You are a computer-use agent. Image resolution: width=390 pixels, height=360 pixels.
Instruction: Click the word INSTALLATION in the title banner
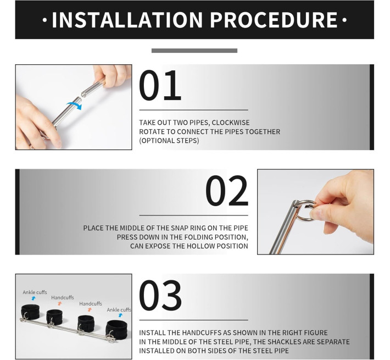tap(127, 20)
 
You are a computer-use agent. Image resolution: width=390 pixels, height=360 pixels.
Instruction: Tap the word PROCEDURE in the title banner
tap(274, 20)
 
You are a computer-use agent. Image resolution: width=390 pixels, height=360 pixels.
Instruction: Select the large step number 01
tap(160, 85)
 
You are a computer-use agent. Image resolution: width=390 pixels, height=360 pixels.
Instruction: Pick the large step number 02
tap(227, 191)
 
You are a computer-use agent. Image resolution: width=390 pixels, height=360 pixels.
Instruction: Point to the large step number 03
tap(160, 295)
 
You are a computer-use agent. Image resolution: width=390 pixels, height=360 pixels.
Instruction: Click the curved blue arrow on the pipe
tap(74, 105)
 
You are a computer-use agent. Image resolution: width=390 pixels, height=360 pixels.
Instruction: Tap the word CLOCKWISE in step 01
tap(231, 123)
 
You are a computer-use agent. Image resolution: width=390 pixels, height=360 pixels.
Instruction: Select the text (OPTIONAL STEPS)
tap(169, 141)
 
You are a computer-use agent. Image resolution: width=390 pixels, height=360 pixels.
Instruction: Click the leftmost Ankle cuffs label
tap(35, 292)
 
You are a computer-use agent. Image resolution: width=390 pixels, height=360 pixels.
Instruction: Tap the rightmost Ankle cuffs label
tap(119, 310)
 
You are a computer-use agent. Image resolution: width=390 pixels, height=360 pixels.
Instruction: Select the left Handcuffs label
tap(63, 297)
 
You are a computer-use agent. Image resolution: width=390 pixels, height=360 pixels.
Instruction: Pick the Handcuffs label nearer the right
tap(91, 304)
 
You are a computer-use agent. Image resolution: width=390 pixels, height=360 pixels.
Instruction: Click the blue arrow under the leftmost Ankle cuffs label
tap(34, 298)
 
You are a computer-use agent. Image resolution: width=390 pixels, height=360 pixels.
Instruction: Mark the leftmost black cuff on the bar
tap(30, 312)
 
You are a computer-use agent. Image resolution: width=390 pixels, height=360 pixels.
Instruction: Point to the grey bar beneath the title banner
tap(194, 51)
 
